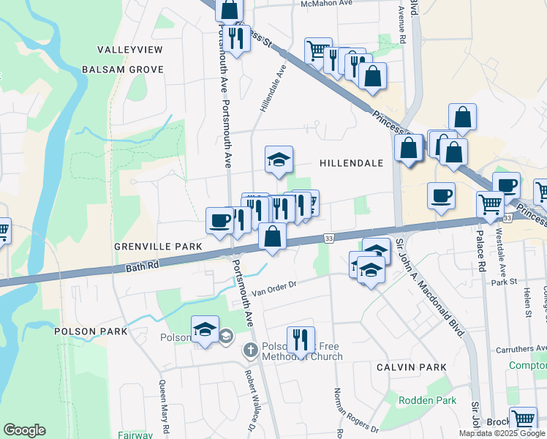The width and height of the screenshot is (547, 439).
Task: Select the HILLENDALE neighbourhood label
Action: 351,164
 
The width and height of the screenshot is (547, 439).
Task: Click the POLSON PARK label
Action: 91,331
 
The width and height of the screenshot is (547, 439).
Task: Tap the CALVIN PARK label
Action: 407,367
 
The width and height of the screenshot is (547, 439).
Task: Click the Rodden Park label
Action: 427,400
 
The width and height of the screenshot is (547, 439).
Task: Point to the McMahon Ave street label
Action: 327,4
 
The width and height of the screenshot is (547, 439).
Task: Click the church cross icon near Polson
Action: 251,350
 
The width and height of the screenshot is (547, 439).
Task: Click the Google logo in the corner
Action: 24,430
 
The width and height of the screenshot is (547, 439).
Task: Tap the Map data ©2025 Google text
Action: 502,433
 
